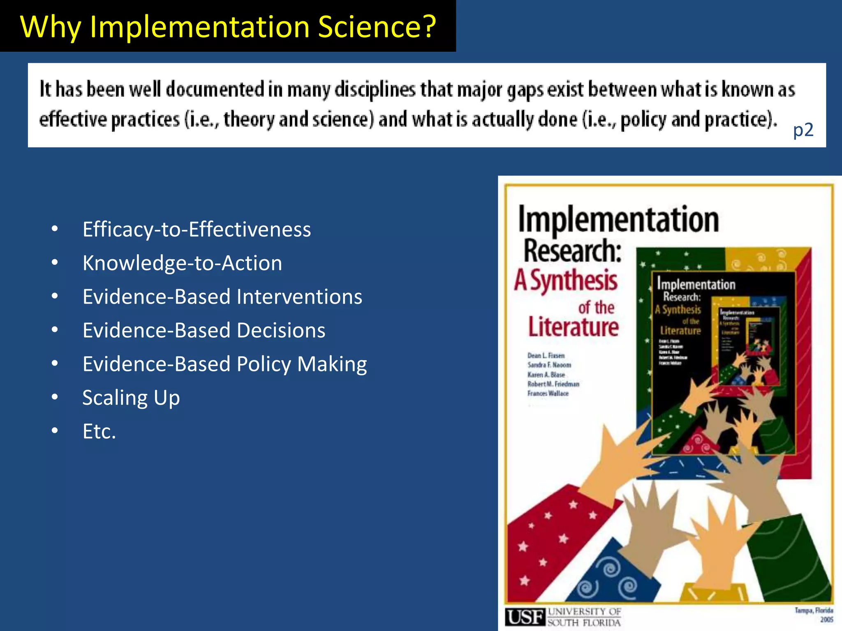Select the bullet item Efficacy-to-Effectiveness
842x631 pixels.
point(197,229)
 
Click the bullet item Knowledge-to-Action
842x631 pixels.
point(182,263)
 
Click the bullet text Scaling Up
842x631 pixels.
point(131,398)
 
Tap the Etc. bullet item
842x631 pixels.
point(99,431)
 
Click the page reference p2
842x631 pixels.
point(803,130)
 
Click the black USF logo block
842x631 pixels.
point(525,617)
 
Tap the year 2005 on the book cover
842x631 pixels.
point(826,619)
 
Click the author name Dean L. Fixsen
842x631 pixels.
point(546,355)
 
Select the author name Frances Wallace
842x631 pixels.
point(548,394)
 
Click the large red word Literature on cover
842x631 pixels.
point(573,327)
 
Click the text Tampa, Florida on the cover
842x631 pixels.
point(814,610)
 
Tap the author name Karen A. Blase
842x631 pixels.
point(546,375)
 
